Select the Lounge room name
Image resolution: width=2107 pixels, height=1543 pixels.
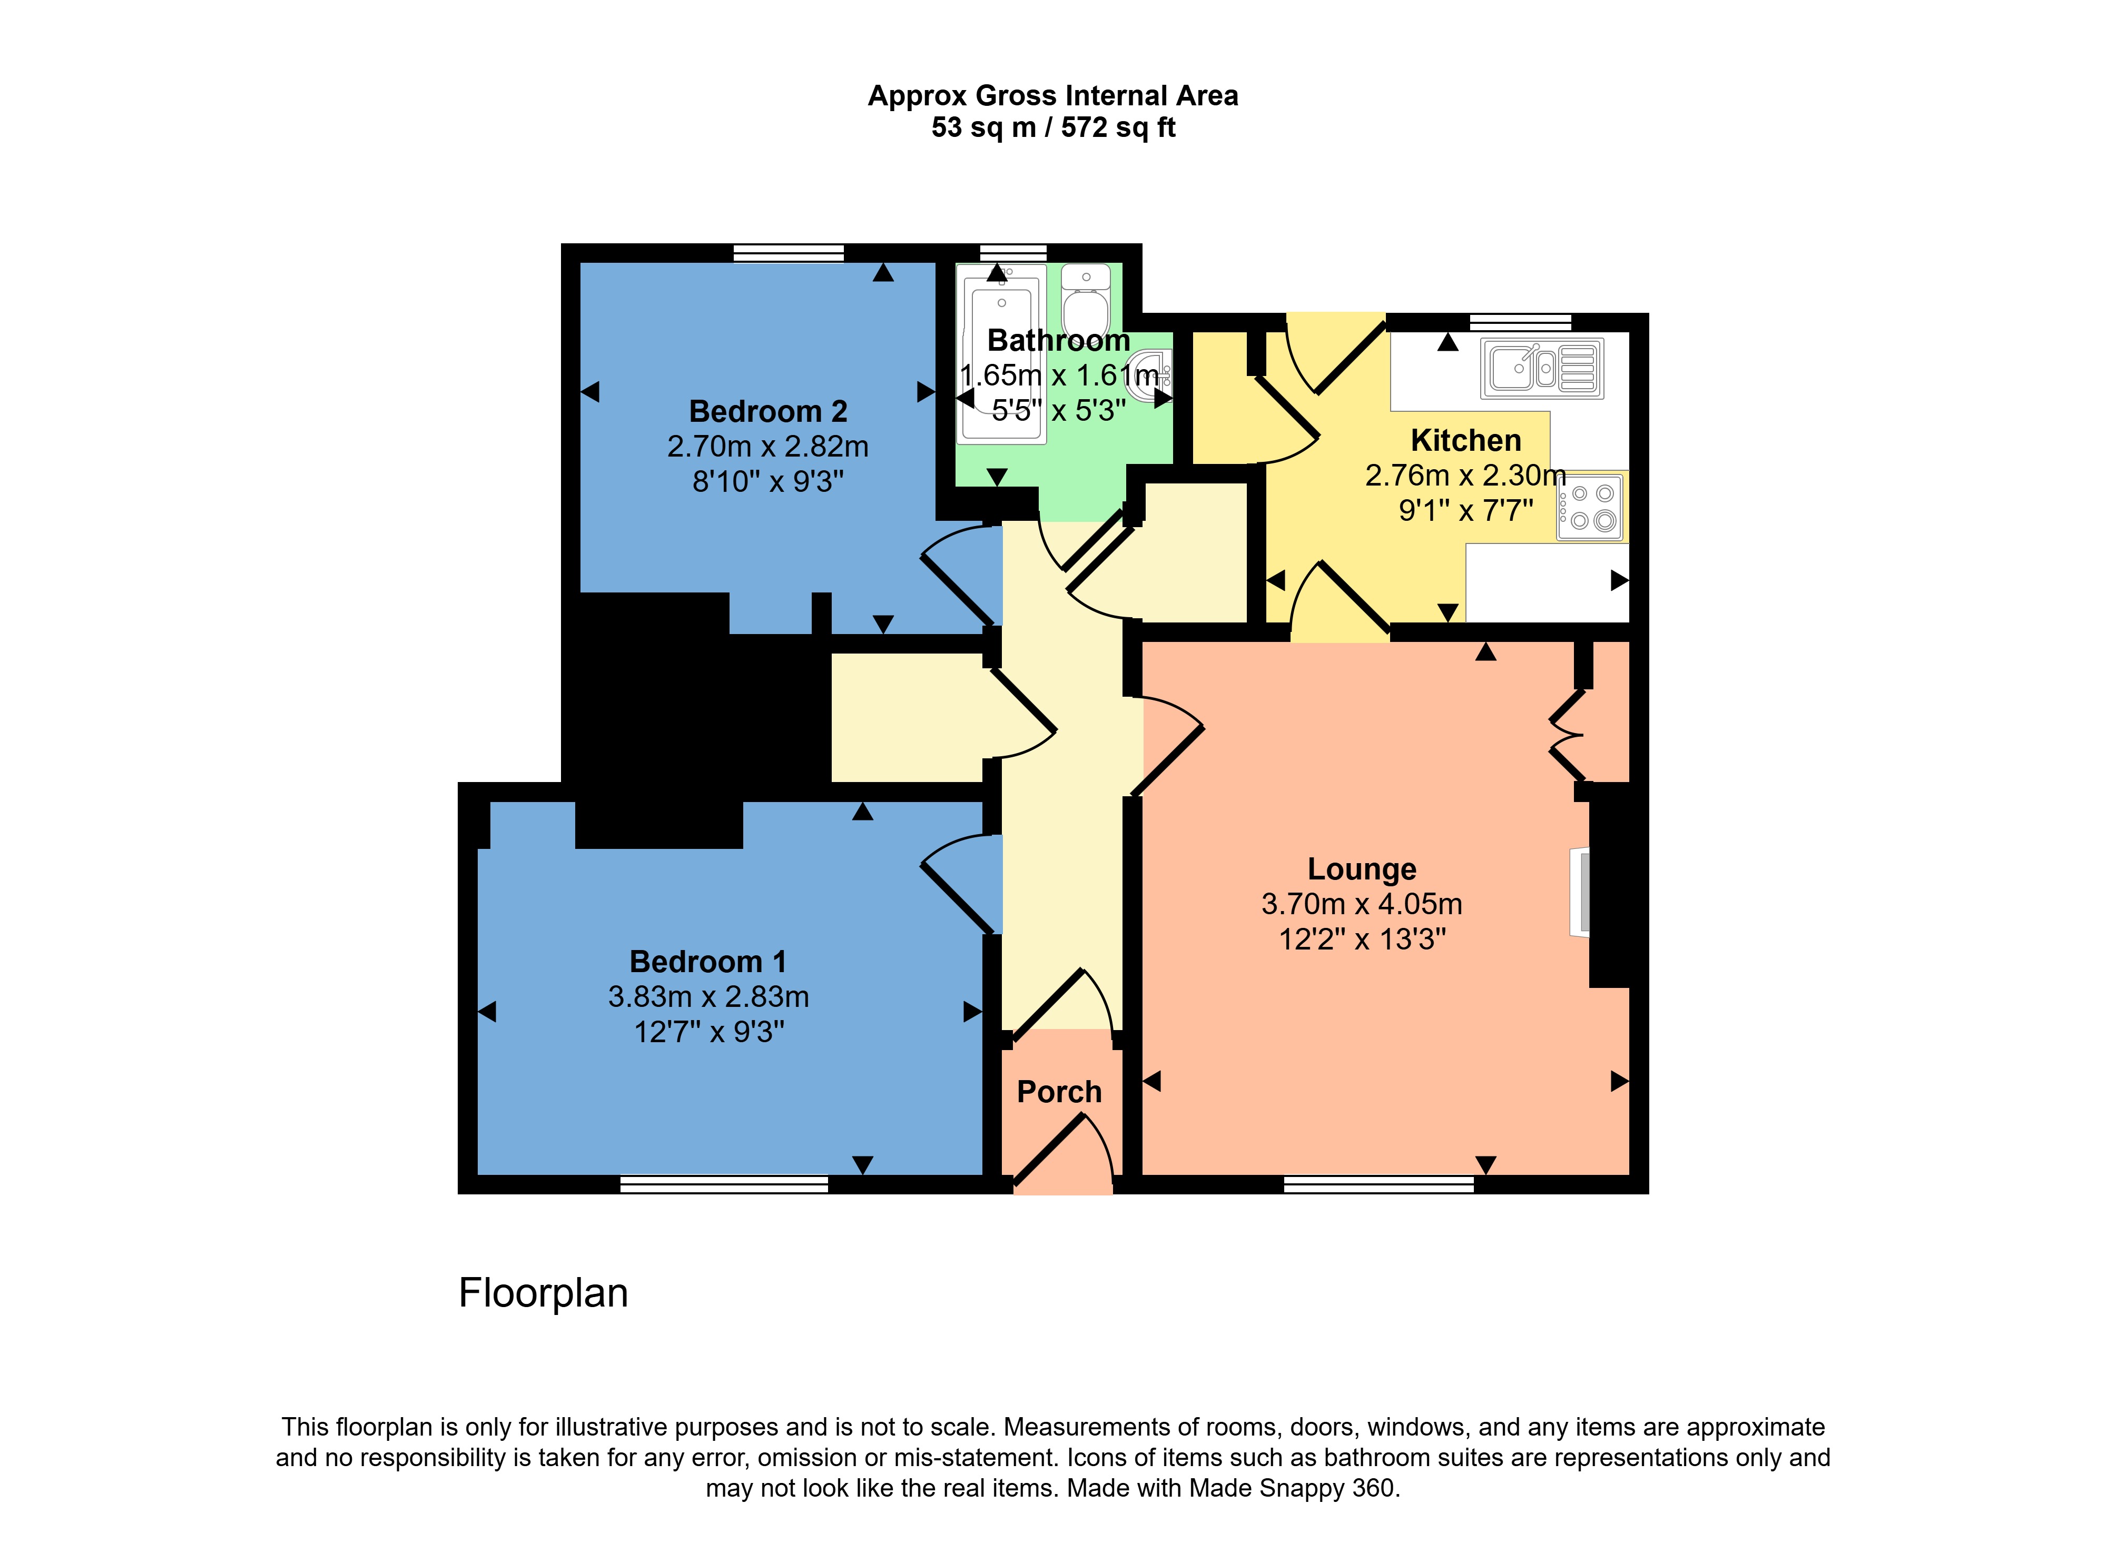(x=1361, y=868)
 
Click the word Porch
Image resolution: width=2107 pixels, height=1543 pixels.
(x=1059, y=1092)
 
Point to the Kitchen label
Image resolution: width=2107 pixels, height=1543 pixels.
(x=1465, y=440)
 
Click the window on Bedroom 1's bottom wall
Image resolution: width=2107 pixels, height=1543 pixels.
(x=724, y=1184)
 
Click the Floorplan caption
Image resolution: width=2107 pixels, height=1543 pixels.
(x=543, y=1293)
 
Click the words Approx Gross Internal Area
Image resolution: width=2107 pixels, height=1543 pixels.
(x=1053, y=95)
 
